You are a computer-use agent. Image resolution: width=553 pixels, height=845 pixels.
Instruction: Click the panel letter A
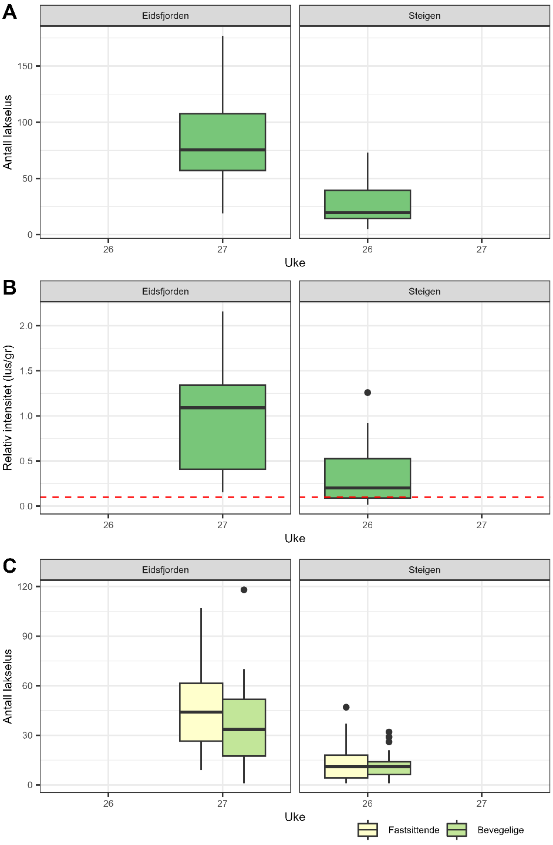pos(9,12)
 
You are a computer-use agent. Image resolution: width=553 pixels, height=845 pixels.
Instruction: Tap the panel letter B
pos(9,288)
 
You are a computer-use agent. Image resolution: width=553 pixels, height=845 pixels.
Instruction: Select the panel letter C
pos(9,566)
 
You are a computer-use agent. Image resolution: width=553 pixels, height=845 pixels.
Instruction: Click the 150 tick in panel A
pos(25,66)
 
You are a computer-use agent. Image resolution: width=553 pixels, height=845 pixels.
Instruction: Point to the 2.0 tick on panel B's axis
pos(26,326)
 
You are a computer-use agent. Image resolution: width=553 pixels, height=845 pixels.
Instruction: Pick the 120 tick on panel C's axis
pos(25,586)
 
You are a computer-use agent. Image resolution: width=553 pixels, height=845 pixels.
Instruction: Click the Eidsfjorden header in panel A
pos(166,16)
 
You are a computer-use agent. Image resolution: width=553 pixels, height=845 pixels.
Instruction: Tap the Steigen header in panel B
pos(424,292)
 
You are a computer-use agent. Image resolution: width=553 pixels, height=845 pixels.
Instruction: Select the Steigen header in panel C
pos(424,570)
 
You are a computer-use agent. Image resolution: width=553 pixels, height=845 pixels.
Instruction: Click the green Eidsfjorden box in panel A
pos(222,142)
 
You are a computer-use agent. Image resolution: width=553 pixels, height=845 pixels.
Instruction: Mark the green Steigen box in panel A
pos(367,204)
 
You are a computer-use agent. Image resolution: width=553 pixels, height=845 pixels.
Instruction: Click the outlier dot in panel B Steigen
pos(367,393)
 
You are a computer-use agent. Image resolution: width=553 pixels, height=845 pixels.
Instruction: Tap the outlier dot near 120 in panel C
pos(244,590)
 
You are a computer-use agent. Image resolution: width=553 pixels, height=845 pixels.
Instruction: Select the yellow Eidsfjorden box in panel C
pos(201,712)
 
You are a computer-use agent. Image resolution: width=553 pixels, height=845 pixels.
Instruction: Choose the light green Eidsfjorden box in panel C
pos(244,728)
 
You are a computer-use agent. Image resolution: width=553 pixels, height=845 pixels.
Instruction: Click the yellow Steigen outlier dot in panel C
pos(346,707)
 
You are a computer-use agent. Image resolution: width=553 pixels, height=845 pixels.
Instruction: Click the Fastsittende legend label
pos(414,830)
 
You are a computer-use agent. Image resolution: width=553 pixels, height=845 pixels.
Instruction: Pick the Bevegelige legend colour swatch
pos(457,830)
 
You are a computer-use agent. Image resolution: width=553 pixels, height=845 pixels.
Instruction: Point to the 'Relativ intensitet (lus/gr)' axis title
pos(8,408)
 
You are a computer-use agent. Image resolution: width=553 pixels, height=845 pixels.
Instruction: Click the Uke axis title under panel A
pos(295,263)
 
